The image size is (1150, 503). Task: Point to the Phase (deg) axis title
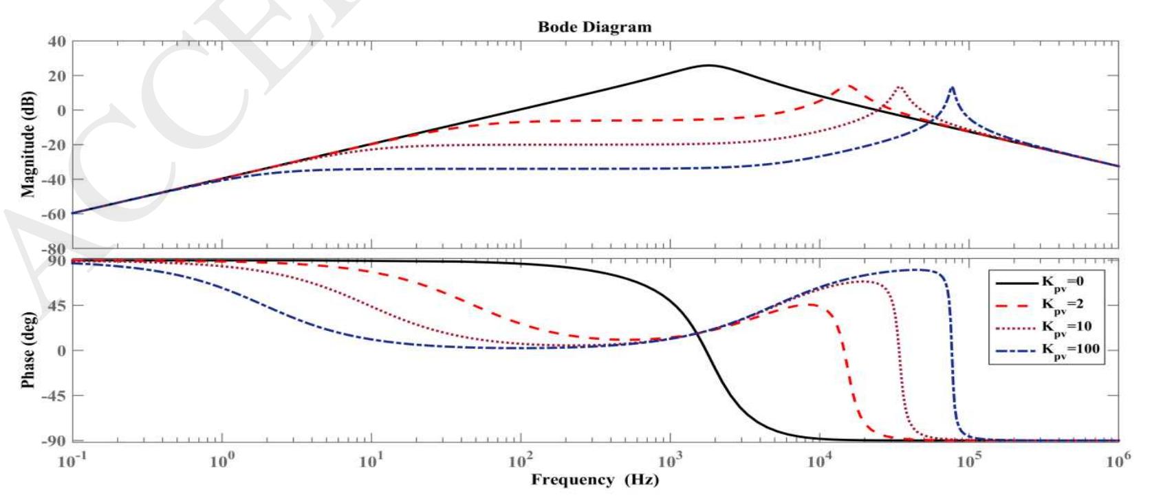pos(29,350)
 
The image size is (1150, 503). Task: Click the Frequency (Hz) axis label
pos(594,480)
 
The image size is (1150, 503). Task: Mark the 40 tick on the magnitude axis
pos(56,41)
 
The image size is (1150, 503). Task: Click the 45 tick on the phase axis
pos(56,306)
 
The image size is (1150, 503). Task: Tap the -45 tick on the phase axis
pos(54,396)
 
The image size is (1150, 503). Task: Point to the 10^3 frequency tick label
pos(671,460)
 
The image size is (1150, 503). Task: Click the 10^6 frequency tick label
pos(1118,460)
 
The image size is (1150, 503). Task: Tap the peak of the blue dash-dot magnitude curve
pos(952,87)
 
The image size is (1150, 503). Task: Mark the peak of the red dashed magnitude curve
pos(850,86)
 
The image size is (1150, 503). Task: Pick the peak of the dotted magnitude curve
pos(900,87)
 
